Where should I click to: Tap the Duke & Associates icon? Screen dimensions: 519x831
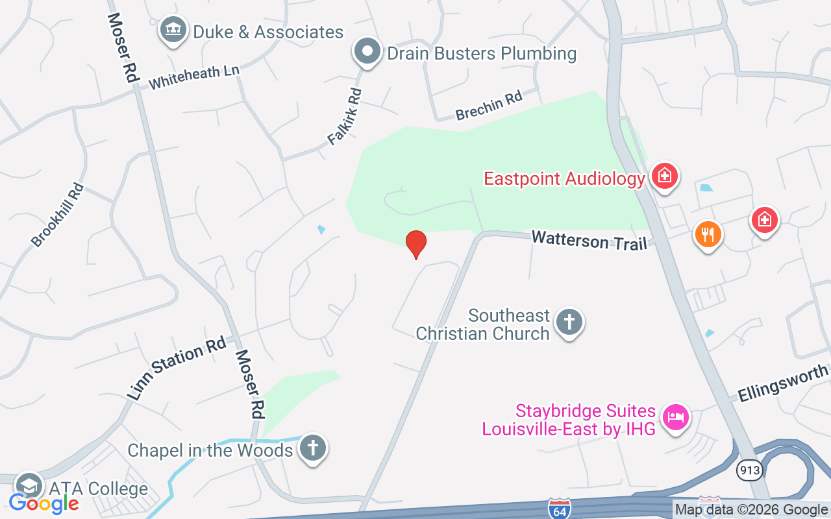pyautogui.click(x=173, y=30)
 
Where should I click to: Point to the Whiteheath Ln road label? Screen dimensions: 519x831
pyautogui.click(x=193, y=77)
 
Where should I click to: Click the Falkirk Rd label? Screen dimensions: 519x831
pyautogui.click(x=345, y=117)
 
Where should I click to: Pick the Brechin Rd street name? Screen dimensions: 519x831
pyautogui.click(x=489, y=106)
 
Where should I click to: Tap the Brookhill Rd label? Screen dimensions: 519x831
pyautogui.click(x=58, y=215)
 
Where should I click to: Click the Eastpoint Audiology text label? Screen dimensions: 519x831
pyautogui.click(x=564, y=178)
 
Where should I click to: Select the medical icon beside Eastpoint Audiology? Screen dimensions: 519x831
pyautogui.click(x=664, y=176)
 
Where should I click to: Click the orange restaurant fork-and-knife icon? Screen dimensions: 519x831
pyautogui.click(x=708, y=234)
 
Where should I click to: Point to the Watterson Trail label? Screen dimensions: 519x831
pyautogui.click(x=589, y=240)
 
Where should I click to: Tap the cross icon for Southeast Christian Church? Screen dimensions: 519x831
pyautogui.click(x=569, y=322)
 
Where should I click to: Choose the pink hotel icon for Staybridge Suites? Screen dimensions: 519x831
pyautogui.click(x=676, y=416)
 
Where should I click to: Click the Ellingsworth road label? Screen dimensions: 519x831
pyautogui.click(x=783, y=383)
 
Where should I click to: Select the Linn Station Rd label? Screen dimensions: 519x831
pyautogui.click(x=176, y=368)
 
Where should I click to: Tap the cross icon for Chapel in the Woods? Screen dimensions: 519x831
pyautogui.click(x=312, y=448)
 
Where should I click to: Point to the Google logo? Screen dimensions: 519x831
pyautogui.click(x=43, y=503)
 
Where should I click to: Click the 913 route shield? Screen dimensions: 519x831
pyautogui.click(x=749, y=470)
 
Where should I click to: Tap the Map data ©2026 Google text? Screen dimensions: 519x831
pyautogui.click(x=750, y=510)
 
